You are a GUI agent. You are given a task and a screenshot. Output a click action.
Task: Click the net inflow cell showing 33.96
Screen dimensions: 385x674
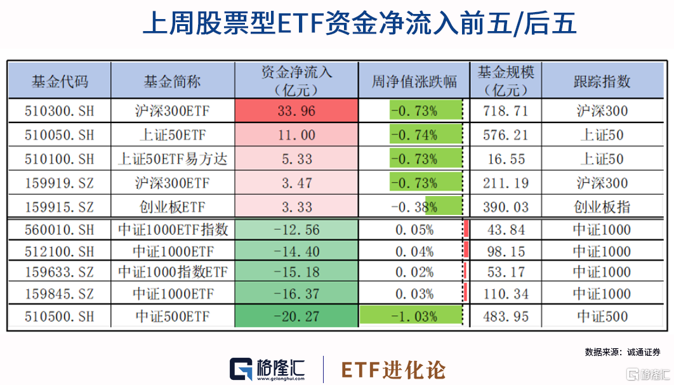[x=296, y=111]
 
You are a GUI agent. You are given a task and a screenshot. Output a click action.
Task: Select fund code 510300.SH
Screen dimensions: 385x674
[x=59, y=111]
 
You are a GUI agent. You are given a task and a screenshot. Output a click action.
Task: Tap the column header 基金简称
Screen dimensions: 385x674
[x=172, y=81]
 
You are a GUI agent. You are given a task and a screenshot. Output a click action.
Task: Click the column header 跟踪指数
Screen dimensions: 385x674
[x=602, y=81]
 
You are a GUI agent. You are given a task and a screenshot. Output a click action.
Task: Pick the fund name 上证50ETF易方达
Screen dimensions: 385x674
[x=172, y=159]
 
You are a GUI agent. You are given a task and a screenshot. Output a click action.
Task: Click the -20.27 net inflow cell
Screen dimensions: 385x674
[x=296, y=316]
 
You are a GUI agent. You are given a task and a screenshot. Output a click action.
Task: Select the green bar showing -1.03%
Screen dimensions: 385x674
[x=409, y=316]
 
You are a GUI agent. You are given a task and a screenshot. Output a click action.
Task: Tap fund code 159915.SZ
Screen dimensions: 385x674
[x=59, y=207]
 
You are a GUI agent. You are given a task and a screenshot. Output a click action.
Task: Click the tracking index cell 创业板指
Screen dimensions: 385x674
[x=602, y=207]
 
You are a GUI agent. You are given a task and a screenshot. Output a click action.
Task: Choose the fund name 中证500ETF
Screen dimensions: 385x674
[x=172, y=316]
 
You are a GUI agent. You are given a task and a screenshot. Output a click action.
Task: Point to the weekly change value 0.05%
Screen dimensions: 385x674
[x=414, y=230]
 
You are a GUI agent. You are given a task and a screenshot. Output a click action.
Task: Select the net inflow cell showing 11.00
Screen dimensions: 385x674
[x=296, y=135]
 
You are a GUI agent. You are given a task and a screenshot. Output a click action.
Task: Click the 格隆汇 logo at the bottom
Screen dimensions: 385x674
[x=267, y=369]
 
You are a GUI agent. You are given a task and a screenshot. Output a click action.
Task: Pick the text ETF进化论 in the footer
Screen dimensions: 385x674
[x=393, y=370]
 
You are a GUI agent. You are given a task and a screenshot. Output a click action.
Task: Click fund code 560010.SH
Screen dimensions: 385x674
[x=59, y=230]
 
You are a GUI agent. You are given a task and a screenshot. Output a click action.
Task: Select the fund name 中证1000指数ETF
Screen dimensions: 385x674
[x=172, y=273]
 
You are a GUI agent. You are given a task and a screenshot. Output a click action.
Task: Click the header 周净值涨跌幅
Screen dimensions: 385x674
[x=414, y=81]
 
